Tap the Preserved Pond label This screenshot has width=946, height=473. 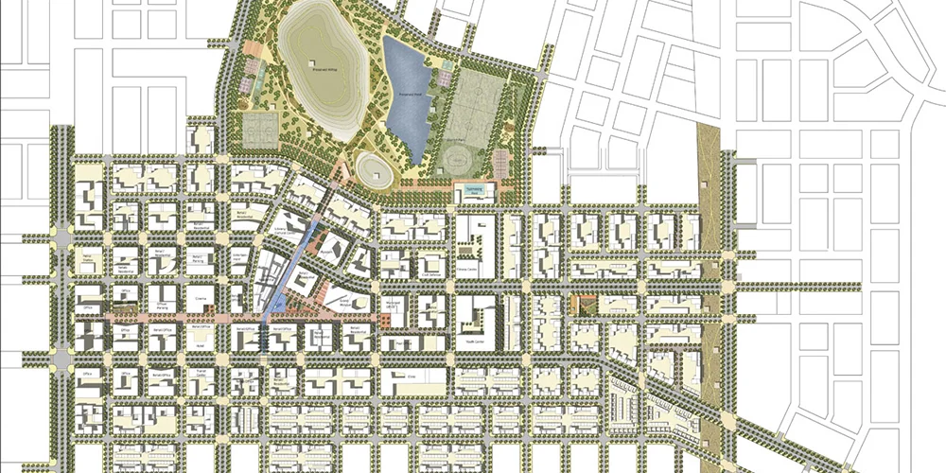click(x=409, y=95)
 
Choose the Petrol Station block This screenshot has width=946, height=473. click(x=93, y=256)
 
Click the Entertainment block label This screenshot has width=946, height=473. click(x=241, y=257)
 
